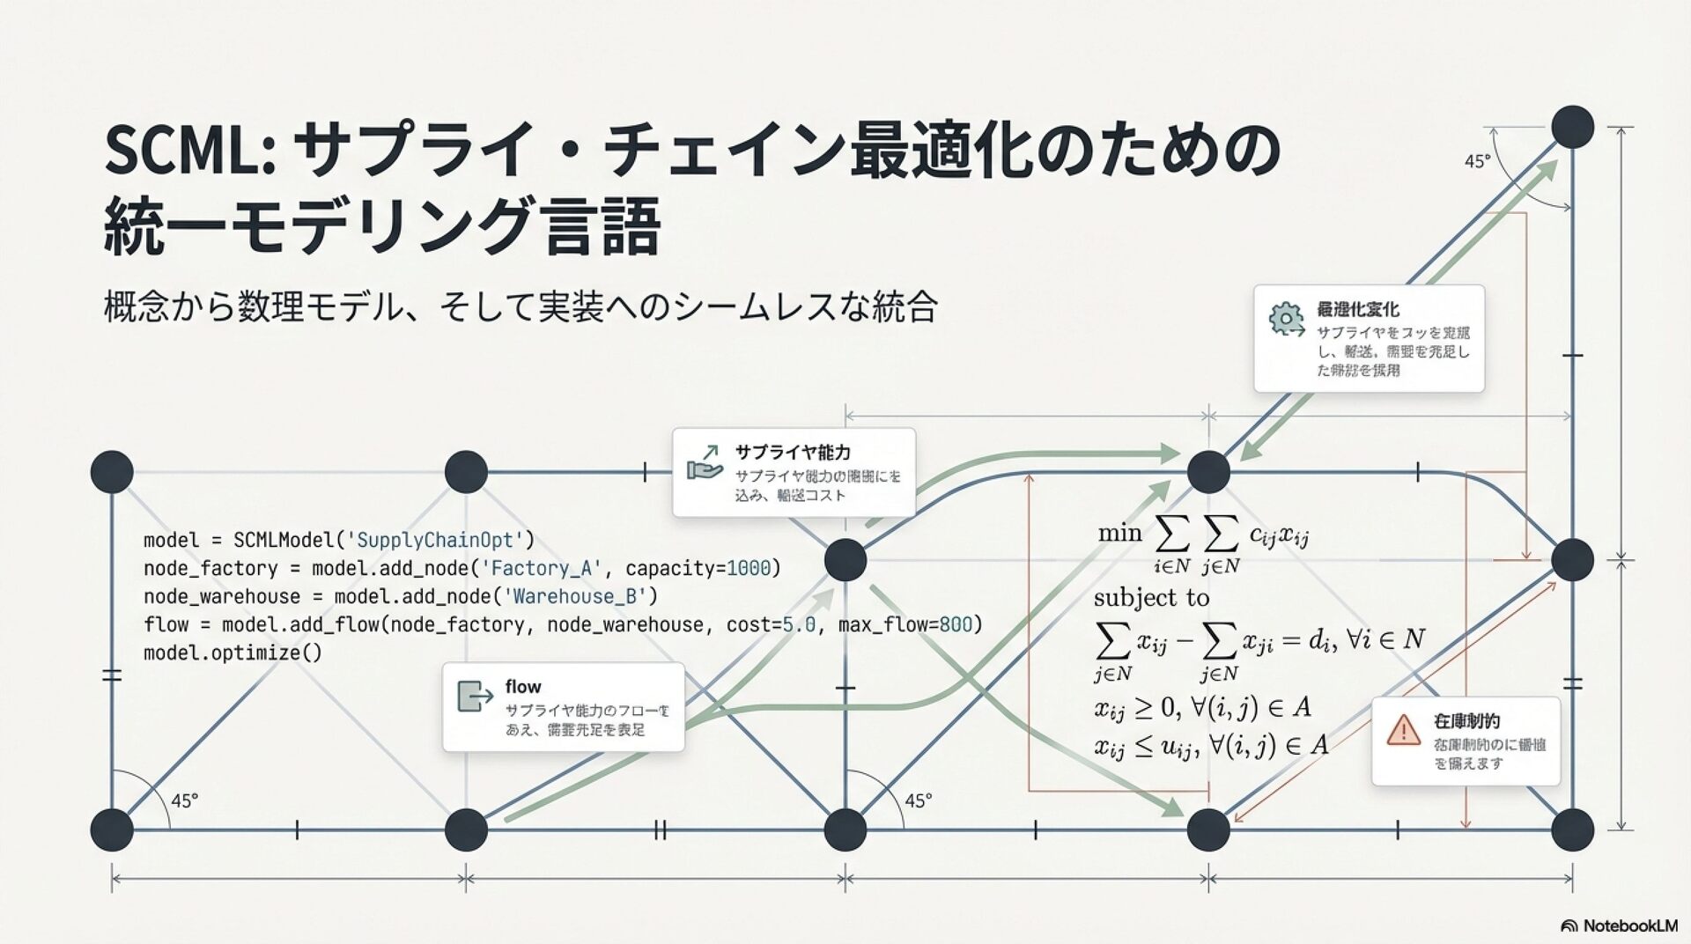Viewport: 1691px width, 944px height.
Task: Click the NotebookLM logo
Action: pyautogui.click(x=1619, y=926)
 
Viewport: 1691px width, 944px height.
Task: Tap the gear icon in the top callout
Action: pyautogui.click(x=1287, y=319)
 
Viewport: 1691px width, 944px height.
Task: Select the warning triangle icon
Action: pyautogui.click(x=1402, y=729)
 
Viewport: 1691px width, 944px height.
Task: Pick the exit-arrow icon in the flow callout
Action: pyautogui.click(x=476, y=696)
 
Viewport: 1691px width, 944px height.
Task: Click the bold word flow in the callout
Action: pyautogui.click(x=523, y=687)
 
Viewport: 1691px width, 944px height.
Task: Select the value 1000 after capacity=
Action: pyautogui.click(x=749, y=568)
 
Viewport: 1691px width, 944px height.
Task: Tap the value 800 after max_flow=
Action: pyautogui.click(x=956, y=624)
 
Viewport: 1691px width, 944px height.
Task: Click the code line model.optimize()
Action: pyautogui.click(x=233, y=653)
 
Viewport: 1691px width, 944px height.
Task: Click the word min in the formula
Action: pyautogui.click(x=1119, y=533)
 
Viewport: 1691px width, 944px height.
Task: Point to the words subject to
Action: pyautogui.click(x=1151, y=598)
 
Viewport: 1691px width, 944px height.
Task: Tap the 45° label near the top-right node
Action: pyautogui.click(x=1477, y=162)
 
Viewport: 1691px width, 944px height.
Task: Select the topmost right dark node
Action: pyautogui.click(x=1572, y=127)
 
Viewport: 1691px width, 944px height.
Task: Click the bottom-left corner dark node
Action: pyautogui.click(x=112, y=830)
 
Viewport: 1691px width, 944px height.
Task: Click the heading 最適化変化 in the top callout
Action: pyautogui.click(x=1357, y=309)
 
